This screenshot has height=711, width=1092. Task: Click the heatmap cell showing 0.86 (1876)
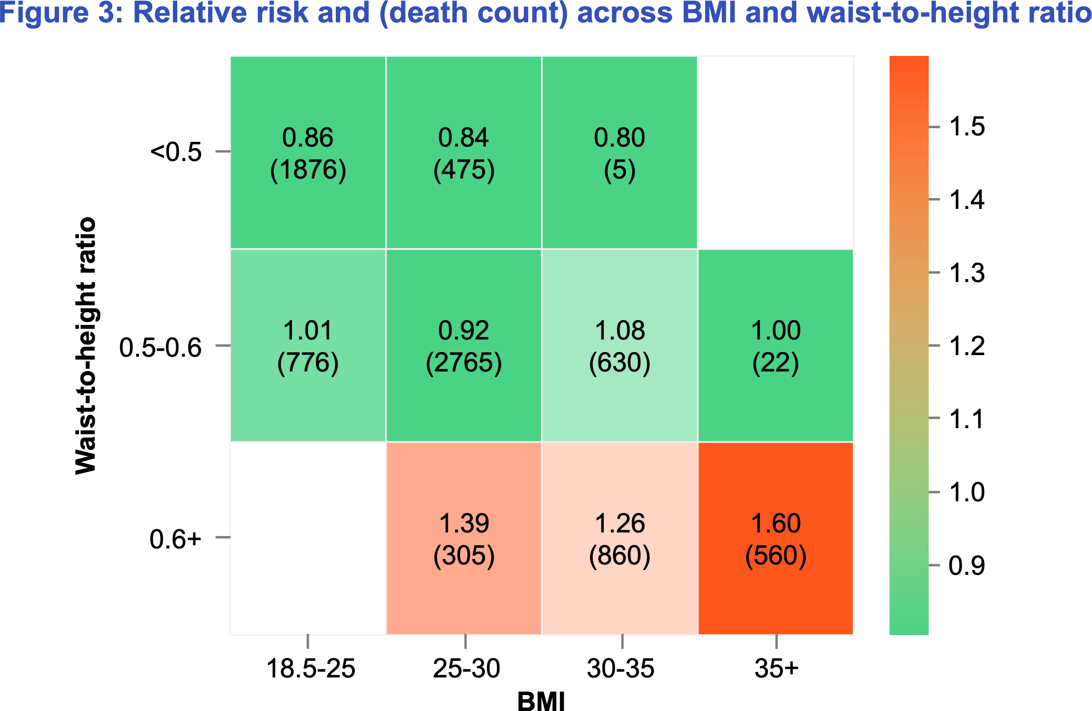click(308, 153)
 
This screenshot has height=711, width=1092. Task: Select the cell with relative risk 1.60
click(775, 538)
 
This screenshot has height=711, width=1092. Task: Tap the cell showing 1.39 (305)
click(464, 538)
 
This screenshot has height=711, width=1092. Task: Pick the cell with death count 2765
click(464, 345)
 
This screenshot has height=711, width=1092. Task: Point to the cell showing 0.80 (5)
click(619, 153)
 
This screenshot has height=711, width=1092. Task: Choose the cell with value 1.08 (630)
click(619, 345)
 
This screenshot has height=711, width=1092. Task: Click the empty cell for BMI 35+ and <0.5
click(775, 153)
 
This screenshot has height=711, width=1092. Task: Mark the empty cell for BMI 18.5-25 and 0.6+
click(308, 538)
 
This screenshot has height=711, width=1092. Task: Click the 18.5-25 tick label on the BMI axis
click(311, 668)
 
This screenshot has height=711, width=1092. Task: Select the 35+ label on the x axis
click(776, 668)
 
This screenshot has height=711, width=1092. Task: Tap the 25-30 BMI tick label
click(466, 668)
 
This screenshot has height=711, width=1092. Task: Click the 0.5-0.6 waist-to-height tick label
click(160, 347)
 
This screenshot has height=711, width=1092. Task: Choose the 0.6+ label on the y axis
click(175, 539)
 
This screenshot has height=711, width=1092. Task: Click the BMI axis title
click(541, 701)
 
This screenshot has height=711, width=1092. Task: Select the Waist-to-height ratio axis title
click(86, 345)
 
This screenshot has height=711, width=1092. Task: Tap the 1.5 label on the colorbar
click(967, 126)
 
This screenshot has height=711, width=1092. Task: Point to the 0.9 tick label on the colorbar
click(967, 565)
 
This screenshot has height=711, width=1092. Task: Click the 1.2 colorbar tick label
click(967, 346)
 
